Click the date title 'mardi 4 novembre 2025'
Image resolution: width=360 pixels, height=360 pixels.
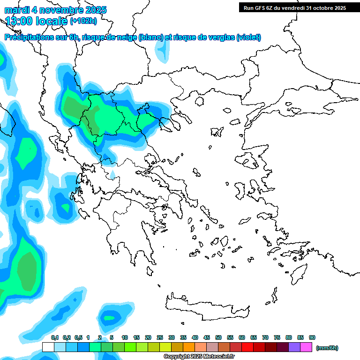click(56, 10)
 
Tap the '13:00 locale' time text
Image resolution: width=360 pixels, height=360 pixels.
click(37, 21)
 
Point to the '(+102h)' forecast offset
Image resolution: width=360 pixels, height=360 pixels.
click(83, 21)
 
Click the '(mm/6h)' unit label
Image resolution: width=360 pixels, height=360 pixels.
click(327, 348)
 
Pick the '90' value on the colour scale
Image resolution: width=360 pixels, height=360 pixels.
click(312, 337)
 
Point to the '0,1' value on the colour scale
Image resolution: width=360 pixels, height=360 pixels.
click(55, 337)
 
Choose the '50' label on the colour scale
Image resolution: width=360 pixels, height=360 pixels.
click(218, 337)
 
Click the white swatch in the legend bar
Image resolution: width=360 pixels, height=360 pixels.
click(48, 347)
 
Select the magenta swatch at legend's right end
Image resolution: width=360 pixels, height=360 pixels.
click(306, 347)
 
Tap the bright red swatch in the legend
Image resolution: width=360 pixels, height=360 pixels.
click(247, 347)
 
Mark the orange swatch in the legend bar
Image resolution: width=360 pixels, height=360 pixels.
click(189, 347)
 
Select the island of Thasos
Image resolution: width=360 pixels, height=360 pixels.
click(199, 101)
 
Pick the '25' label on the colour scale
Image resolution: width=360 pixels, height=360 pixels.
click(160, 337)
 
